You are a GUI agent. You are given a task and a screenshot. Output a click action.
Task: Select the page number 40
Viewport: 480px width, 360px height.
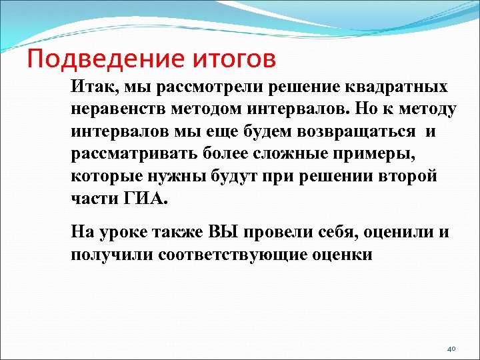pyautogui.click(x=451, y=349)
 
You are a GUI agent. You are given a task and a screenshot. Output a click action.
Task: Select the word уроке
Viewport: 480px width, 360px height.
pyautogui.click(x=125, y=233)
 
